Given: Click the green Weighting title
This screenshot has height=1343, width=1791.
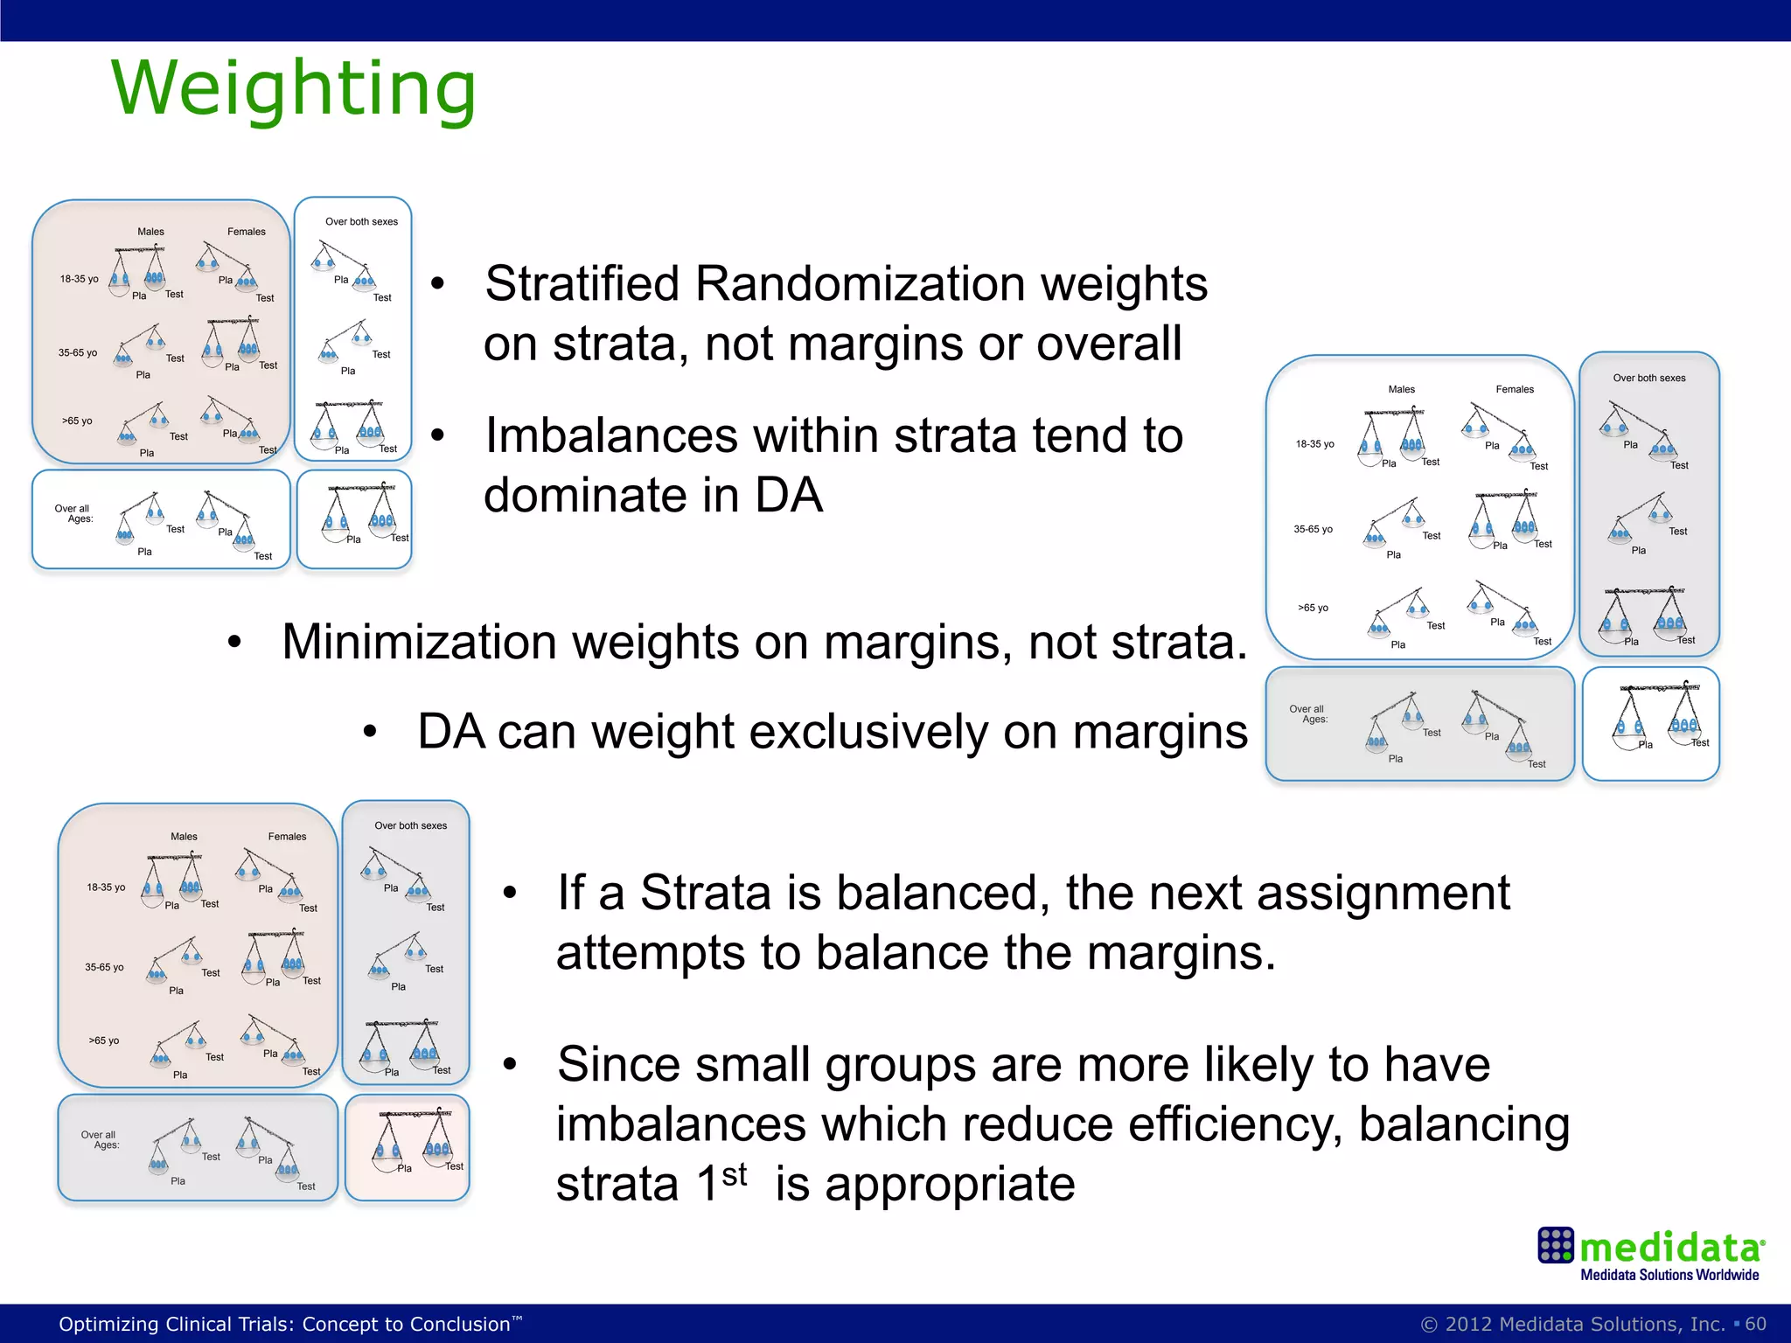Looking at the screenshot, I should (294, 89).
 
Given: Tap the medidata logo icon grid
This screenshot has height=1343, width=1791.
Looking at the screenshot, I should (1556, 1245).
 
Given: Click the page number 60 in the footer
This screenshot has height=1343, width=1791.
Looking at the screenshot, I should (1755, 1324).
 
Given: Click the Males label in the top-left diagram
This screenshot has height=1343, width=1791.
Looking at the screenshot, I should (150, 232).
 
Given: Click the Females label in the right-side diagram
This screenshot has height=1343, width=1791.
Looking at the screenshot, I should (1515, 389).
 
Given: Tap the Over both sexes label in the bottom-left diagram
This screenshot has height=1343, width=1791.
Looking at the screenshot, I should (410, 825).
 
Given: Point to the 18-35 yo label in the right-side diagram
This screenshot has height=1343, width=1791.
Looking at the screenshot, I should (1314, 444).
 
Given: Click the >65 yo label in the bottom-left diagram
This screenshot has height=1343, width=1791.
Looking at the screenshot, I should (103, 1040).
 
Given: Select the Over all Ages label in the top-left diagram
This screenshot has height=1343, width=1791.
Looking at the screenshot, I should (74, 513).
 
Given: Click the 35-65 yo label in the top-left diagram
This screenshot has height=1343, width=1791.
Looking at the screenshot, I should (78, 353).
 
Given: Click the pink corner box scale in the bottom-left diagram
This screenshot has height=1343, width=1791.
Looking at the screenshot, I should (408, 1147).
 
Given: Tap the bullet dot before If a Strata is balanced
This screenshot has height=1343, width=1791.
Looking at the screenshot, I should (510, 894).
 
